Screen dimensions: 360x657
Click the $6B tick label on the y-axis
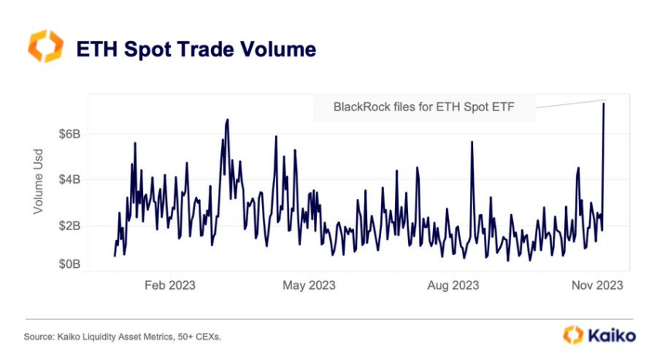coord(69,134)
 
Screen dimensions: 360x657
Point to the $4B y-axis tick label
coord(69,179)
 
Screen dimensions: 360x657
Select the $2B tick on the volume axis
coord(69,226)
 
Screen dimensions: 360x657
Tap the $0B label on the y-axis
coord(69,264)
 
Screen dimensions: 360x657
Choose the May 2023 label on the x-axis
coord(309,285)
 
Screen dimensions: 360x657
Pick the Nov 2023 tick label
coord(596,285)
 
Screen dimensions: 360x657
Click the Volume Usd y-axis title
coord(38,182)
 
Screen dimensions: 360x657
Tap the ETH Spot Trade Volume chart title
coord(196,49)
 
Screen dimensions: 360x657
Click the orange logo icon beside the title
coord(44,47)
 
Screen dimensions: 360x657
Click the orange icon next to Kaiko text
coord(573,335)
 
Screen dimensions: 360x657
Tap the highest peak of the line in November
coord(604,104)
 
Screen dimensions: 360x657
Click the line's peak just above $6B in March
coord(227,120)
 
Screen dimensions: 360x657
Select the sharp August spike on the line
coord(472,142)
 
